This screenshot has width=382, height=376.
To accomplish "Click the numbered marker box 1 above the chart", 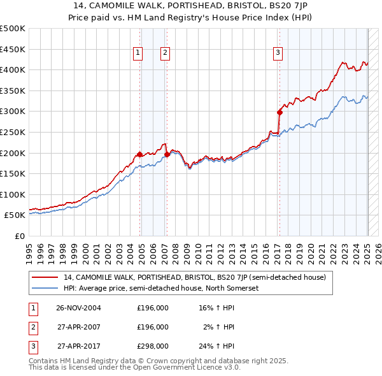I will point(137,54).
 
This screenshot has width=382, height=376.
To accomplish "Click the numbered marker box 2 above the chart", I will point(164,54).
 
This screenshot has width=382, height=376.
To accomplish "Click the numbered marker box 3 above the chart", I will point(278,54).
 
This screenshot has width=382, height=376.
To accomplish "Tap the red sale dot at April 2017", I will point(279,112).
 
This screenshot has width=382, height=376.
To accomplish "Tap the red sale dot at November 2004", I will point(139,154).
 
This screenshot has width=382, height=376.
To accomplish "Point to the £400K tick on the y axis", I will point(14,69).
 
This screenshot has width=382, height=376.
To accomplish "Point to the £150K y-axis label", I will point(14,173).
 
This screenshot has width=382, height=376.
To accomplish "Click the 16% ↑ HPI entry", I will point(216,308).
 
